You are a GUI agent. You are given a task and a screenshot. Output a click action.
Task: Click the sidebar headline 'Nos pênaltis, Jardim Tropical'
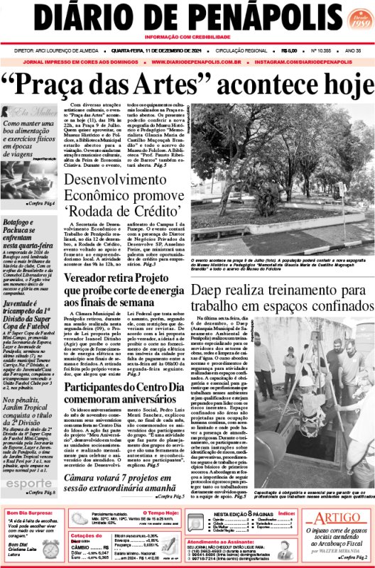pyautogui.click(x=28, y=409)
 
